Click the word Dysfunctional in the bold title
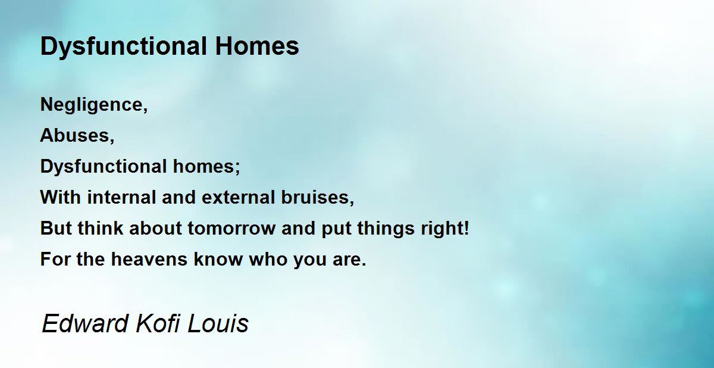pos(124,47)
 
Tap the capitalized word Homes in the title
pos(257,46)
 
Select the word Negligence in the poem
pos(91,105)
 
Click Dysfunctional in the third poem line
pos(104,167)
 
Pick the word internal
pos(122,197)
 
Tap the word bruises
pos(315,197)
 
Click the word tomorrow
pos(231,228)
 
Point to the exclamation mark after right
pos(466,227)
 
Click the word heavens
pos(149,259)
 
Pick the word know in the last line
pos(218,259)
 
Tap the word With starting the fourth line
pos(60,197)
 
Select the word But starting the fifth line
pos(56,228)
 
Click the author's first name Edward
pos(84,324)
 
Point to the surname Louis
pos(218,324)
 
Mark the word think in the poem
pos(101,228)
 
